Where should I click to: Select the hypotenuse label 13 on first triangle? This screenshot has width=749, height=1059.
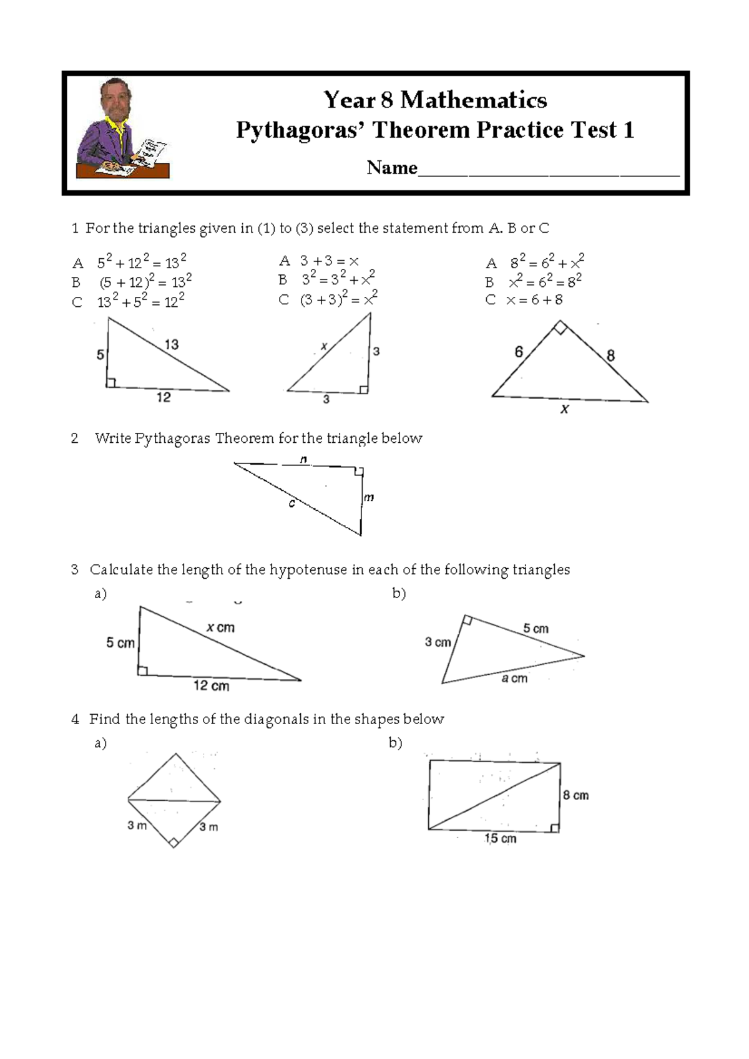click(x=172, y=344)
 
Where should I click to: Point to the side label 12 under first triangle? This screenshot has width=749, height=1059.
click(x=164, y=397)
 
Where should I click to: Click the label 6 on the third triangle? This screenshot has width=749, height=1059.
click(x=519, y=352)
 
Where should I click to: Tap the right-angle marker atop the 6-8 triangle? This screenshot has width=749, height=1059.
click(x=561, y=327)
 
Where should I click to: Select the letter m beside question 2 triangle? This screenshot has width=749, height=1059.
click(x=369, y=497)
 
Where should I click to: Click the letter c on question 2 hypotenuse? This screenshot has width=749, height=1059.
click(x=291, y=503)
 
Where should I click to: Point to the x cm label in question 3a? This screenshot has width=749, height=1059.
click(x=220, y=627)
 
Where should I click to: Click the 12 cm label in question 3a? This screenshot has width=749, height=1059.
click(x=211, y=686)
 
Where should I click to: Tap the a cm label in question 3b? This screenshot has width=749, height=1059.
click(x=514, y=679)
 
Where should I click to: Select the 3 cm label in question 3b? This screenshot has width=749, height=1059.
click(x=438, y=642)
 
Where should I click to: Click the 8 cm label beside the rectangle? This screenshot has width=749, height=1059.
click(x=575, y=795)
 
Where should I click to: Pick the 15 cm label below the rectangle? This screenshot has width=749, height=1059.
click(x=500, y=839)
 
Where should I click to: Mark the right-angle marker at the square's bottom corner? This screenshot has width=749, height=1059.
click(x=174, y=842)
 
